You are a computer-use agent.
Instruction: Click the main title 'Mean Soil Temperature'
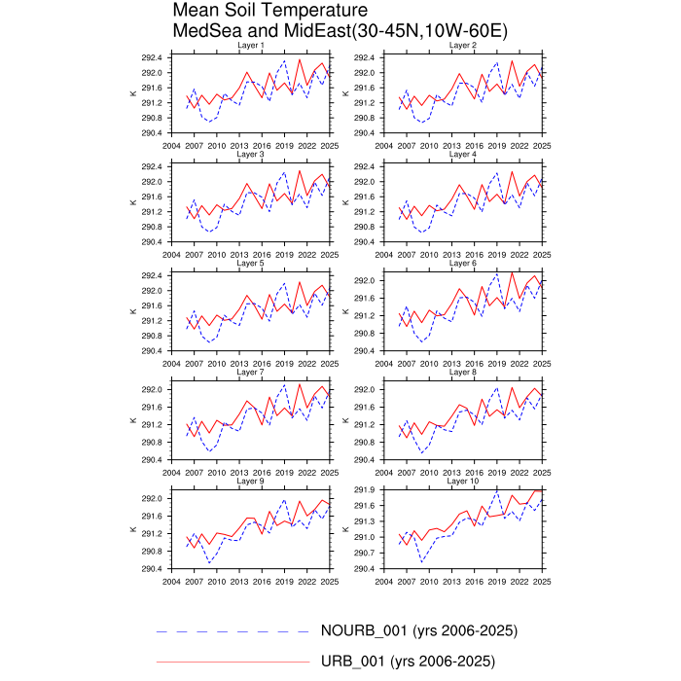coord(258,12)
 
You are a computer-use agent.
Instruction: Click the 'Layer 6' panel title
coord(462,263)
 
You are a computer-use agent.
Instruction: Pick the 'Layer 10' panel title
coord(462,481)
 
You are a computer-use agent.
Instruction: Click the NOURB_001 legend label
coord(418,630)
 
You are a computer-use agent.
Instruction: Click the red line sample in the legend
coord(233,663)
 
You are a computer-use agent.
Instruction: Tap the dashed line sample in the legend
coord(233,631)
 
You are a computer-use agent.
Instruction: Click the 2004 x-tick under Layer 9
coord(171,581)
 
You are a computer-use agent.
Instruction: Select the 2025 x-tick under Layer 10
coord(542,581)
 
